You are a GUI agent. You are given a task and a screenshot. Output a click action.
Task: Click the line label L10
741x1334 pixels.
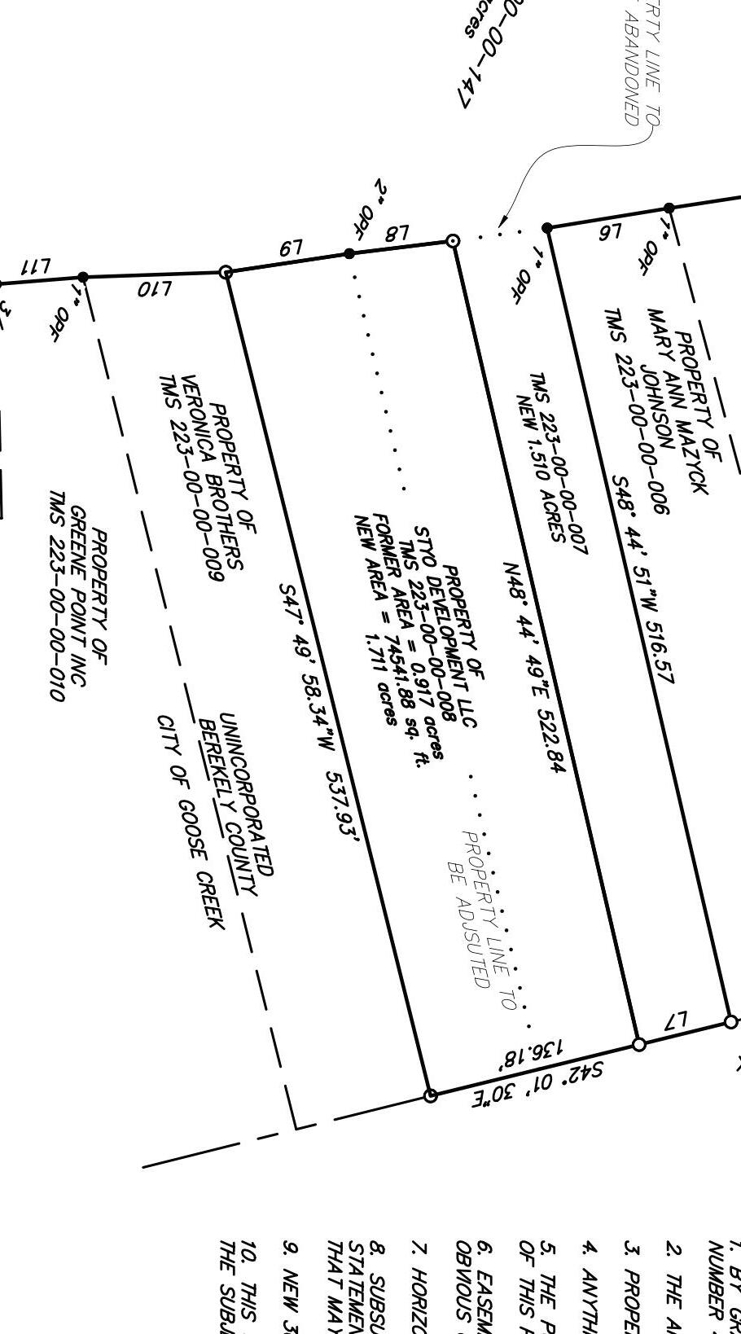(x=154, y=288)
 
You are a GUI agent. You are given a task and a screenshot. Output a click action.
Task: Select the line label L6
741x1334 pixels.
(x=611, y=233)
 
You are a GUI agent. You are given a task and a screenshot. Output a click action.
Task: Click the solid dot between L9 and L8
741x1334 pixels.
(x=349, y=254)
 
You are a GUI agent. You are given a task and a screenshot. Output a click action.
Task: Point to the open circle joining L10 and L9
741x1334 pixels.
(x=226, y=272)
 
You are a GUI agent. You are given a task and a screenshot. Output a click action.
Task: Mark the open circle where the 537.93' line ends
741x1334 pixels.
(x=431, y=1095)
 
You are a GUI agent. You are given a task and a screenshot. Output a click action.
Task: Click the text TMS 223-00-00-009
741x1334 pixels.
(x=191, y=478)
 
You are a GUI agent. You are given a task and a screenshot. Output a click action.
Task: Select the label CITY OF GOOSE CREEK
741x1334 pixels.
(x=190, y=822)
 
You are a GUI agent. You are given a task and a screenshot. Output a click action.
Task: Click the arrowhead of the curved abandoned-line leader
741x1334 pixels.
(x=503, y=222)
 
